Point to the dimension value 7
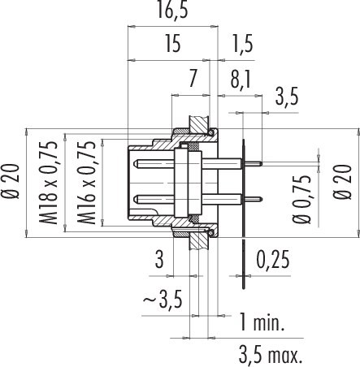pyautogui.click(x=192, y=79)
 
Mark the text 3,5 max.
pyautogui.click(x=269, y=355)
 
